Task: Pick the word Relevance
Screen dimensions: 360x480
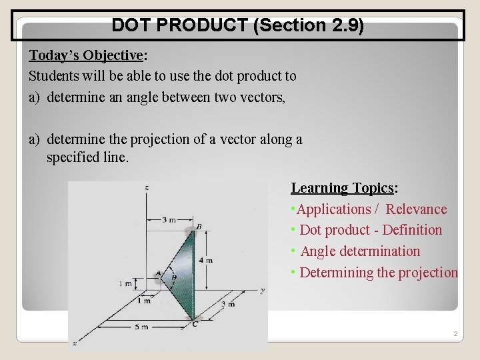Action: pos(416,209)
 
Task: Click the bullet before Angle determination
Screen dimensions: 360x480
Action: pos(293,251)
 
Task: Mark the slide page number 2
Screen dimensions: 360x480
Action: pos(455,333)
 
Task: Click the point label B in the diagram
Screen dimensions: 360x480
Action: pos(199,227)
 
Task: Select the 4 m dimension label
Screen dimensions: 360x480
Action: pos(205,260)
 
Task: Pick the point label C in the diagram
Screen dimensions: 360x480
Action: pos(194,323)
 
